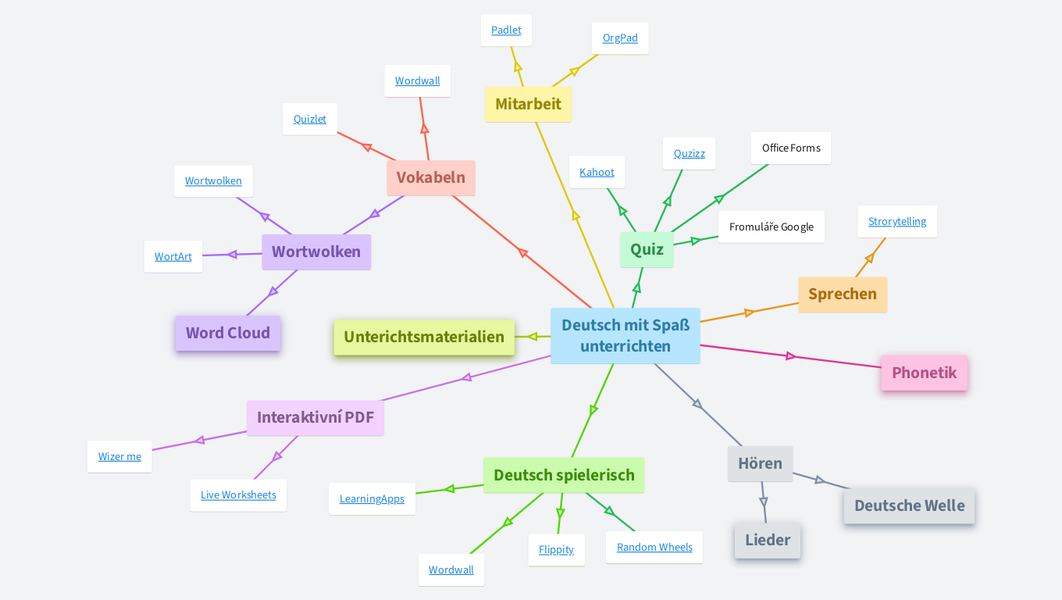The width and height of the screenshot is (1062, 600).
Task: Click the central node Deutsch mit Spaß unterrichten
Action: click(625, 336)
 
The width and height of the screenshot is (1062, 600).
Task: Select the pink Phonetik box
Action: click(924, 373)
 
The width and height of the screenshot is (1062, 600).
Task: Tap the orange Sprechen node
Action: click(842, 295)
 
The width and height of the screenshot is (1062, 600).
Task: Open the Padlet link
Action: click(506, 30)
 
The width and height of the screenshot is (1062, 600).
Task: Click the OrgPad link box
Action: click(620, 38)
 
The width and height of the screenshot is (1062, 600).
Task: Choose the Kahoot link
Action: click(597, 173)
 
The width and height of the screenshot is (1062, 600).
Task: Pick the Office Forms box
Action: click(790, 148)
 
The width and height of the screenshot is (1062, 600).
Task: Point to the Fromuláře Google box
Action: click(771, 227)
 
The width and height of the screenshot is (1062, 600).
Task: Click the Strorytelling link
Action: click(896, 222)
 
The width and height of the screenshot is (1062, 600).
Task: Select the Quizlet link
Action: click(310, 120)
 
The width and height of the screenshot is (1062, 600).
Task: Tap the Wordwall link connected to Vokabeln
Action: click(417, 81)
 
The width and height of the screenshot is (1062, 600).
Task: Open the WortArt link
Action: click(173, 257)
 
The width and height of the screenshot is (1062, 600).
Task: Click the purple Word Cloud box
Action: click(227, 334)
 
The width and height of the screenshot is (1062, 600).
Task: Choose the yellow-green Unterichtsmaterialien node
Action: click(424, 337)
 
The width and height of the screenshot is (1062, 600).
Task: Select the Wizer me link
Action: click(119, 457)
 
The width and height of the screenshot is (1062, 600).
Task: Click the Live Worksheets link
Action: click(238, 495)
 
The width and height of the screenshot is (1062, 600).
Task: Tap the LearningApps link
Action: click(372, 499)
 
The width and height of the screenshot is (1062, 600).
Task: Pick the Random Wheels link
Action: click(654, 548)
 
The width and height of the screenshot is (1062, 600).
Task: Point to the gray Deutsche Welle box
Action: click(909, 506)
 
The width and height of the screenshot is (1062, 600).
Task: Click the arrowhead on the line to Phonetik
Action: click(790, 356)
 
